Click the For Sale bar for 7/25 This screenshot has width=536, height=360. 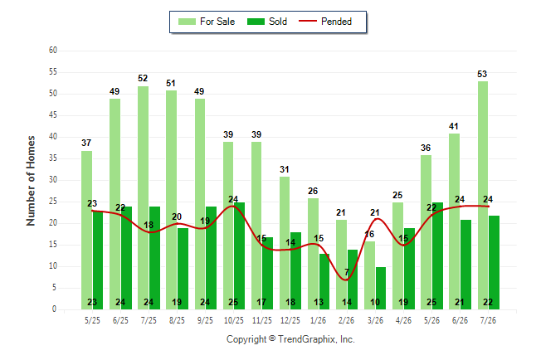pyautogui.click(x=144, y=197)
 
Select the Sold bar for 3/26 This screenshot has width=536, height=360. pyautogui.click(x=381, y=288)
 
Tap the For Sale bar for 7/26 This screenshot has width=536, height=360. pyautogui.click(x=483, y=195)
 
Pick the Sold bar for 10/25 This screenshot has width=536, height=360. pyautogui.click(x=239, y=255)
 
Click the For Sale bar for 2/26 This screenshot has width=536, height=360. pyautogui.click(x=341, y=265)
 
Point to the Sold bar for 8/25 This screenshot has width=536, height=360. pyautogui.click(x=183, y=269)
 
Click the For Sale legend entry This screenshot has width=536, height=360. pyautogui.click(x=207, y=22)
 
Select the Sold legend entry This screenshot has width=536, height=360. pyautogui.click(x=267, y=22)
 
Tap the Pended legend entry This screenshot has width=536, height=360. pyautogui.click(x=325, y=22)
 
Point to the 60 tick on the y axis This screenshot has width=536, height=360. pyautogui.click(x=53, y=51)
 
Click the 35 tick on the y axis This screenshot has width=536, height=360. pyautogui.click(x=53, y=158)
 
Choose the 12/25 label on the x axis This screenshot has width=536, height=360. pyautogui.click(x=290, y=320)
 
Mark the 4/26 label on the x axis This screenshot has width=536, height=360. pyautogui.click(x=403, y=320)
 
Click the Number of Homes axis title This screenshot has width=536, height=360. pyautogui.click(x=31, y=181)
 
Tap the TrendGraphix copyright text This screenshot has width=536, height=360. pyautogui.click(x=290, y=339)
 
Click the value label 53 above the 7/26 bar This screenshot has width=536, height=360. pyautogui.click(x=482, y=74)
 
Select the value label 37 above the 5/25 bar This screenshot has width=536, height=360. pyautogui.click(x=86, y=143)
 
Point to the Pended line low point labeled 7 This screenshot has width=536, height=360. pyautogui.click(x=347, y=280)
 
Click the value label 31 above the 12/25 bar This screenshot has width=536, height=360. pyautogui.click(x=285, y=169)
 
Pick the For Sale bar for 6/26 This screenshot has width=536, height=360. pyautogui.click(x=455, y=221)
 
